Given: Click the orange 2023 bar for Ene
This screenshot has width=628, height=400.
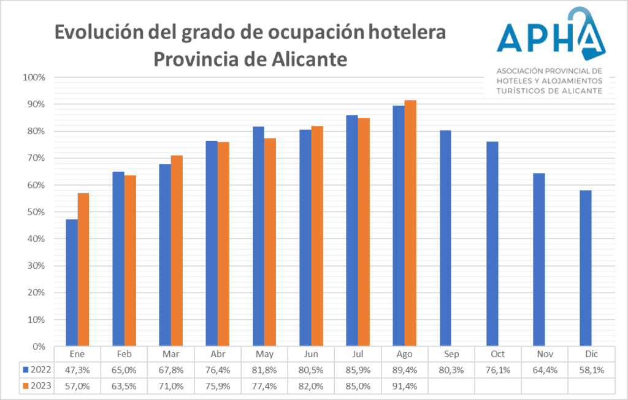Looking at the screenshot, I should tap(83, 270).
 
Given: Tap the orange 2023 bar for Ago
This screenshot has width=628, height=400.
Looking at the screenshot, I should tap(410, 223).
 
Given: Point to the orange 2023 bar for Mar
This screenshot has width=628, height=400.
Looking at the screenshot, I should tap(177, 251).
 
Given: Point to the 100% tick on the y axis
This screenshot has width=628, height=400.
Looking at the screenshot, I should tap(34, 77).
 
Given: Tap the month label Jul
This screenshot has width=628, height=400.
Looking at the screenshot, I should tap(358, 354).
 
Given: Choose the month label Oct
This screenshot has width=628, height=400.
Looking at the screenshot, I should tap(498, 354).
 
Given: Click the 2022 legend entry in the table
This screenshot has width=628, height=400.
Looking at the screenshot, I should tap(36, 370).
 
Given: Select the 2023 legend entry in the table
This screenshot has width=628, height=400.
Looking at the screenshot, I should tap(36, 386).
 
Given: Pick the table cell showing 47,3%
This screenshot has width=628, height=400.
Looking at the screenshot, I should tap(77, 370).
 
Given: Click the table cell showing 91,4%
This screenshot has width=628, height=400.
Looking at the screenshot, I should tap(404, 386).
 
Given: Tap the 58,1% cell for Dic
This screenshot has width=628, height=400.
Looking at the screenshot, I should tap(591, 370).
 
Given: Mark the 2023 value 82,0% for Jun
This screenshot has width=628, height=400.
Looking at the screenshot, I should tap(311, 386).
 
